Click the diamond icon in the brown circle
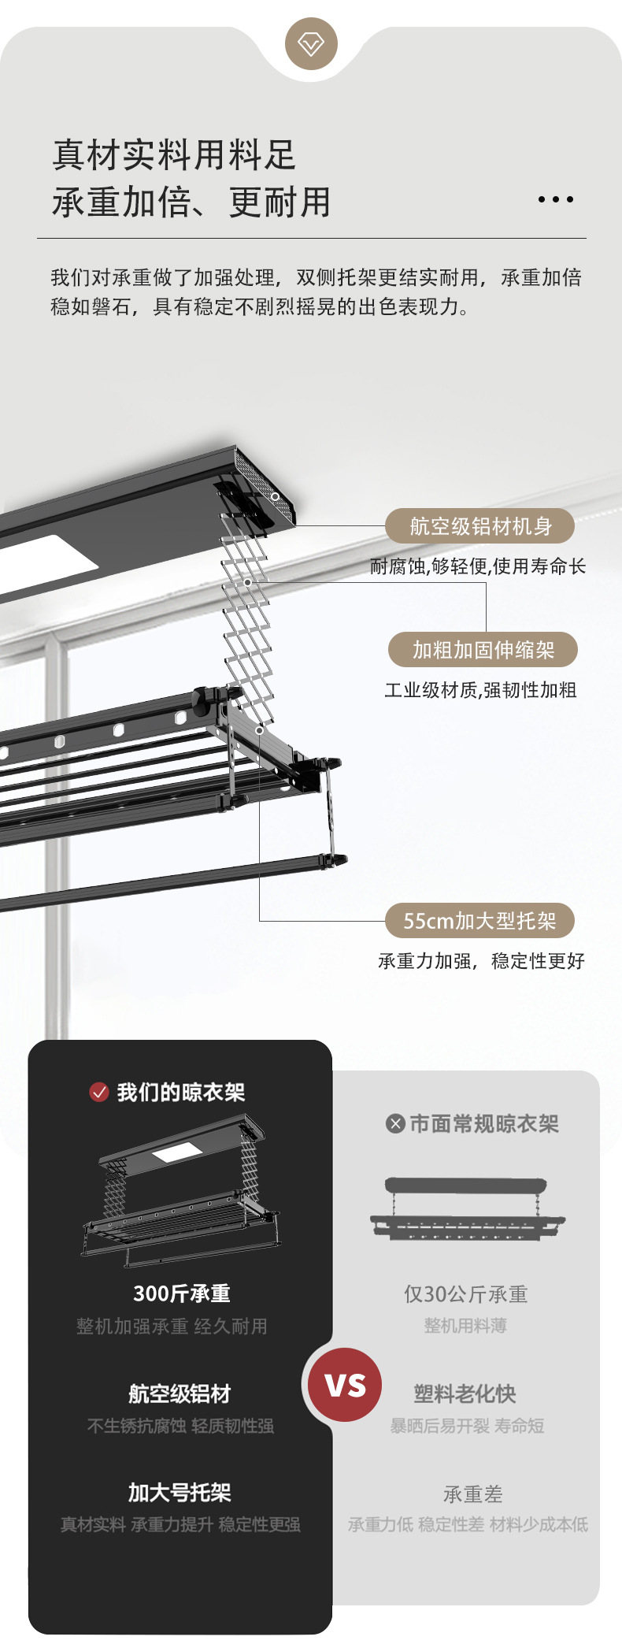(x=311, y=43)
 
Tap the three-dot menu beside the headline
(x=555, y=199)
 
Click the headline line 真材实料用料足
(x=173, y=154)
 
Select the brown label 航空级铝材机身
(x=479, y=526)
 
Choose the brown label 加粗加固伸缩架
(x=483, y=650)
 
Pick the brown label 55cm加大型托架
(x=479, y=920)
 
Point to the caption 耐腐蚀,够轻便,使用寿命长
(x=478, y=566)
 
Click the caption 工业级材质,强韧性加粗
(x=480, y=690)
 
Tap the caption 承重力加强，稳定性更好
(x=481, y=961)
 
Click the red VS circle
(x=345, y=1384)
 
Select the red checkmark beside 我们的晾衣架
(x=99, y=1092)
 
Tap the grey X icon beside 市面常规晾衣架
(x=395, y=1123)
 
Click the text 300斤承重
(x=181, y=1293)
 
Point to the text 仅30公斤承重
(x=465, y=1294)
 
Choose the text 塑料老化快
(x=465, y=1394)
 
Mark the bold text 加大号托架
(x=180, y=1492)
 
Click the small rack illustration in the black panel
(x=181, y=1189)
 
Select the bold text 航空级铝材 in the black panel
(x=180, y=1394)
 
